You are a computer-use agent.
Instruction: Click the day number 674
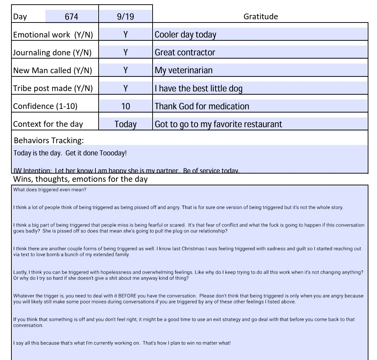(71, 16)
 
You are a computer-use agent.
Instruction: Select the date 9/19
(125, 16)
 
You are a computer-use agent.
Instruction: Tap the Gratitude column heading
(261, 16)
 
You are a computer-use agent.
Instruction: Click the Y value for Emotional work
(125, 34)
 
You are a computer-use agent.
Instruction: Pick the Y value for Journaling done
(125, 52)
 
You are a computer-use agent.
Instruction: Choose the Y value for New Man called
(125, 70)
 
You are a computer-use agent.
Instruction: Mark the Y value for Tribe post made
(125, 88)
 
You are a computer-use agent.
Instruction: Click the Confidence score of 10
(125, 106)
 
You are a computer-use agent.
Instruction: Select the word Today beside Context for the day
(125, 124)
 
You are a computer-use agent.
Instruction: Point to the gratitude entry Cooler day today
(185, 35)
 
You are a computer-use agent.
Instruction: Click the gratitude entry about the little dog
(199, 88)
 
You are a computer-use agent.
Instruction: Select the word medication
(231, 106)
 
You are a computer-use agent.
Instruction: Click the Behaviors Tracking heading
(49, 140)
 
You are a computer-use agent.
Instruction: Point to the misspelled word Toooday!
(115, 153)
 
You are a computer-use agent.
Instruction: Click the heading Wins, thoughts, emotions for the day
(80, 179)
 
